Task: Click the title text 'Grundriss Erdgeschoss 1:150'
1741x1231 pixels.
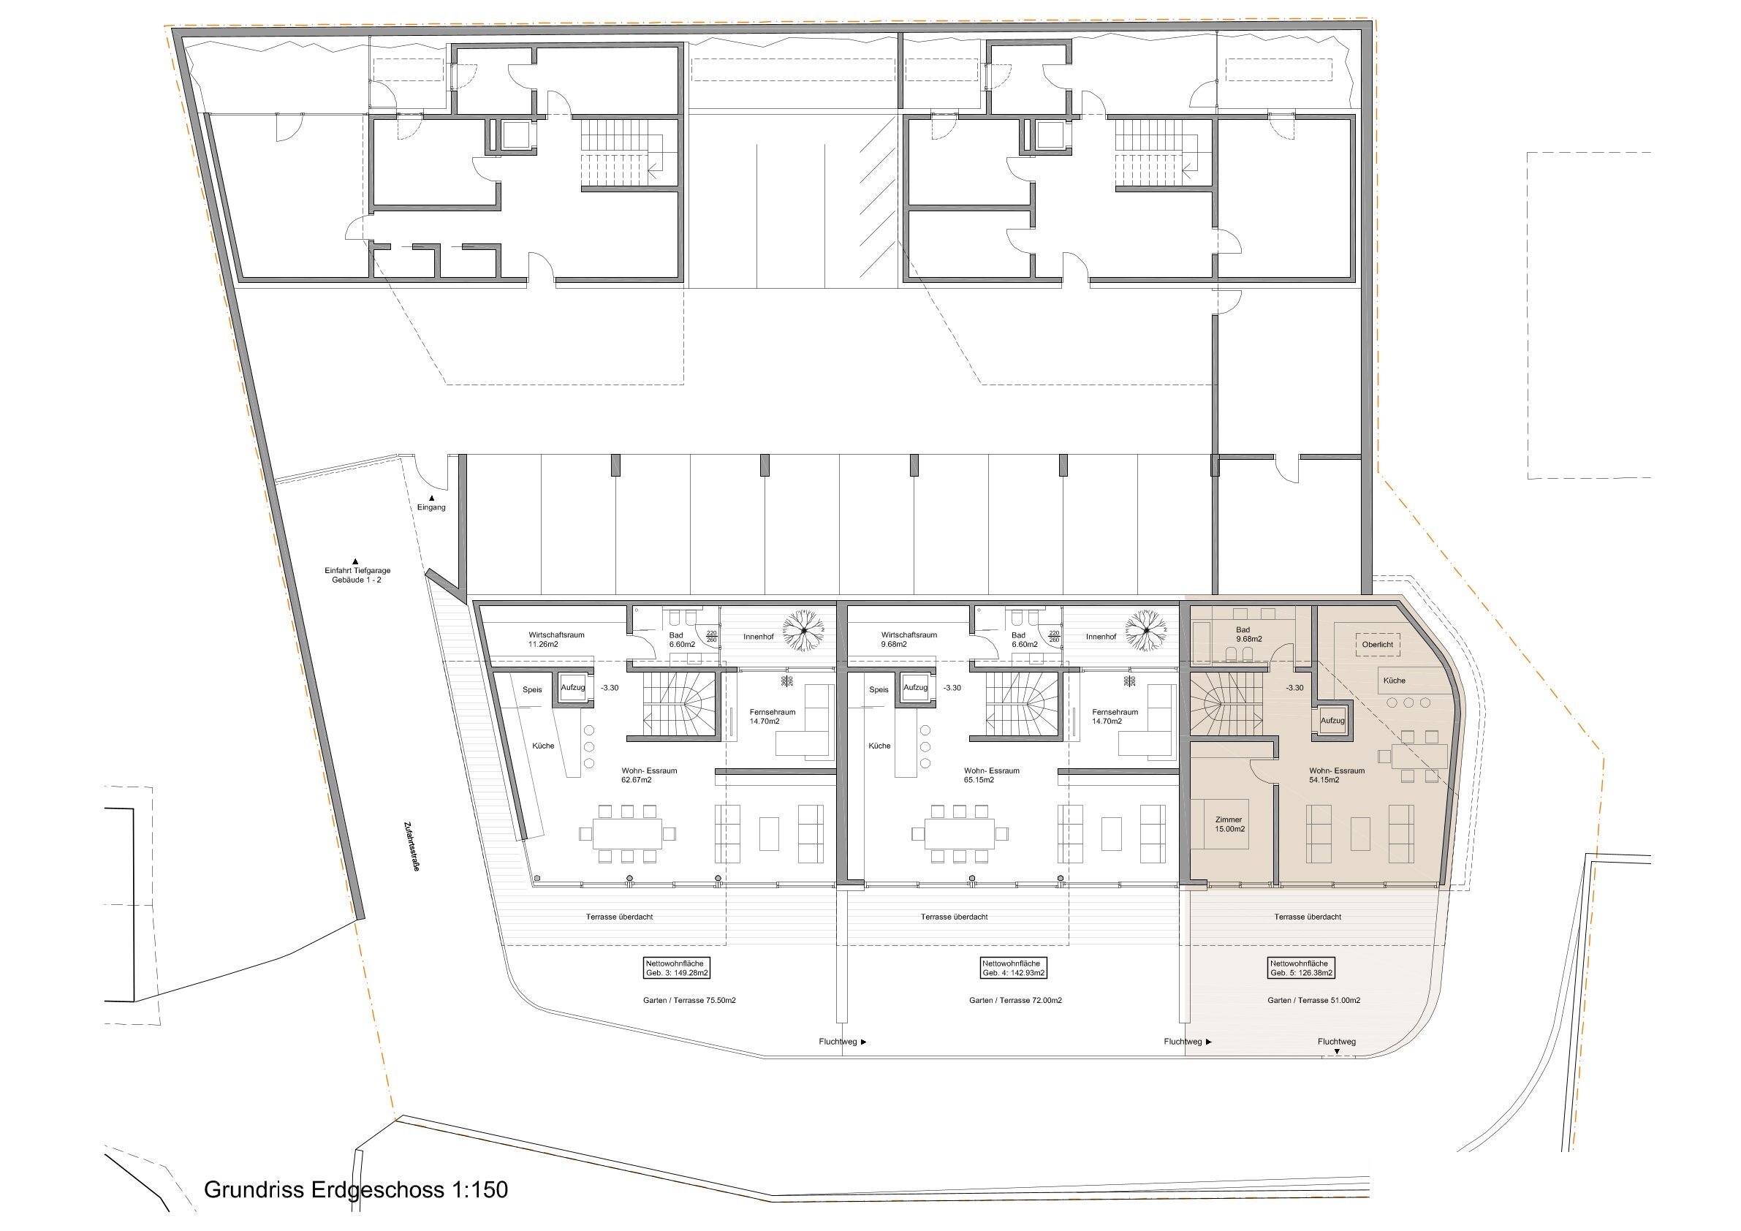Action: (356, 1189)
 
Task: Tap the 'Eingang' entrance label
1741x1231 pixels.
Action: (431, 507)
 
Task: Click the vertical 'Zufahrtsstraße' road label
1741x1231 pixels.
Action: (412, 846)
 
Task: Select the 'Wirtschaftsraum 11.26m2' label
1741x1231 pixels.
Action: (556, 640)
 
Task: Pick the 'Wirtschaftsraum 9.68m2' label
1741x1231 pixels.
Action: (909, 640)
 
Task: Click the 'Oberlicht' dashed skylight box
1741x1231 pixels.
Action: (1378, 645)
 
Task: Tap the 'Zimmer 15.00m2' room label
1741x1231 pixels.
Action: (1229, 825)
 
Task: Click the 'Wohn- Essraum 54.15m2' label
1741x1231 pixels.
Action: (1337, 775)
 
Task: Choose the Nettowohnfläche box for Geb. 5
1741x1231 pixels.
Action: (1301, 968)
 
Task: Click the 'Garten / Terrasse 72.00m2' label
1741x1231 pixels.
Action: (1015, 1001)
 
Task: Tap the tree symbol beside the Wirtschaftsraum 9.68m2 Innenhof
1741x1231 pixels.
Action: (1147, 629)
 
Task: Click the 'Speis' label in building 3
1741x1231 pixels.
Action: (532, 689)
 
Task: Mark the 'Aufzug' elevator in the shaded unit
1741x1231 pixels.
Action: (1332, 721)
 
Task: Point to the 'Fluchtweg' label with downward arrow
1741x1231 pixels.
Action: (1336, 1045)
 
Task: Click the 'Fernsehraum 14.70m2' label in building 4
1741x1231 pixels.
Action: (1115, 717)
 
